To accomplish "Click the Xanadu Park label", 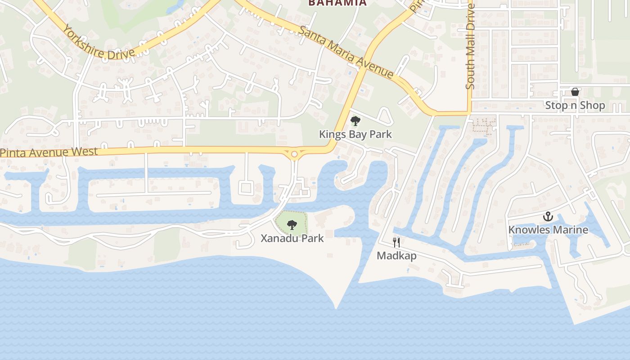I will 292,238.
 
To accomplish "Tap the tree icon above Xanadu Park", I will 292,224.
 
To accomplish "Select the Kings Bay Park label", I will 355,134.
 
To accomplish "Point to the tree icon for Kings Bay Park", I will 355,121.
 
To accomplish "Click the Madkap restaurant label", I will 396,256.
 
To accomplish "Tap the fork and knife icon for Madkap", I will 396,243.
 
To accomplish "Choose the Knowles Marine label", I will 548,229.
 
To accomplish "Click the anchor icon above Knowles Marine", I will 548,216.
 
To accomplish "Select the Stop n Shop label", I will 575,105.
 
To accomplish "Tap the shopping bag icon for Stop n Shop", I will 575,92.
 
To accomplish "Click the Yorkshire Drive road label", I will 98,43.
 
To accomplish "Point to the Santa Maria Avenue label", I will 346,52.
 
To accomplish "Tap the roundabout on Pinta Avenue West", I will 294,154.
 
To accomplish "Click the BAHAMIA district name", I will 337,3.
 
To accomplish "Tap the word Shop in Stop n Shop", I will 592,105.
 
